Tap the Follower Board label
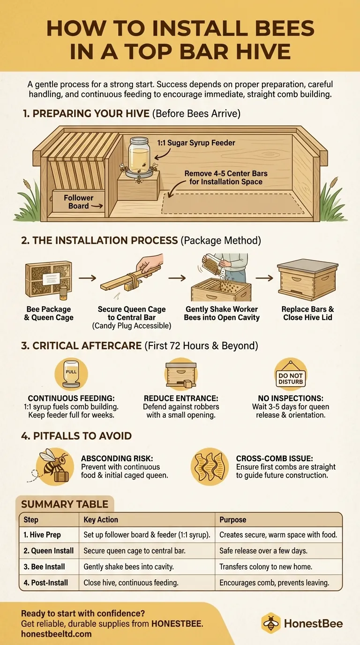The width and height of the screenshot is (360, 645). tap(78, 202)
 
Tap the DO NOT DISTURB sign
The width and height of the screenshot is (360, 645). tap(291, 375)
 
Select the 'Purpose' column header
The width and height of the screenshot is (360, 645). tap(232, 520)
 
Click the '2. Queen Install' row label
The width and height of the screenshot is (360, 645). tap(49, 551)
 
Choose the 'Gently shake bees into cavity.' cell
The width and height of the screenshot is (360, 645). tap(128, 567)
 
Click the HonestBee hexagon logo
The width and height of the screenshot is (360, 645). tap(271, 623)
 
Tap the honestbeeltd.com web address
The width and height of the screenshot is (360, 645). tap(56, 634)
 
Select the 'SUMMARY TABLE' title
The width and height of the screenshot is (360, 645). tap(65, 504)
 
